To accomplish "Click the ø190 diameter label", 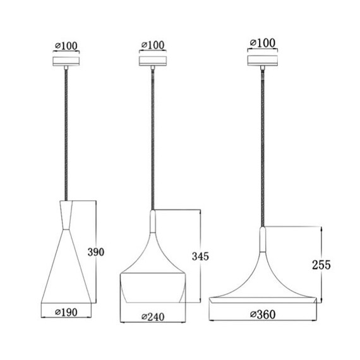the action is point(66,312).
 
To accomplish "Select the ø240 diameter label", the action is point(153,317).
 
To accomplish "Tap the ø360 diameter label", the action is point(263,315).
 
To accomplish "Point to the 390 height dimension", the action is point(96,252).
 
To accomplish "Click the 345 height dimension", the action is point(200,256).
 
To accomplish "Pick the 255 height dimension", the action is point(321,265).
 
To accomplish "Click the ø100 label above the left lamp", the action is point(66,46).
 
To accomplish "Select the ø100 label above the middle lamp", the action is point(153,45).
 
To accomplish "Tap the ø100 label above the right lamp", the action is point(263,43).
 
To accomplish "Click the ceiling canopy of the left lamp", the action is point(66,61).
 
